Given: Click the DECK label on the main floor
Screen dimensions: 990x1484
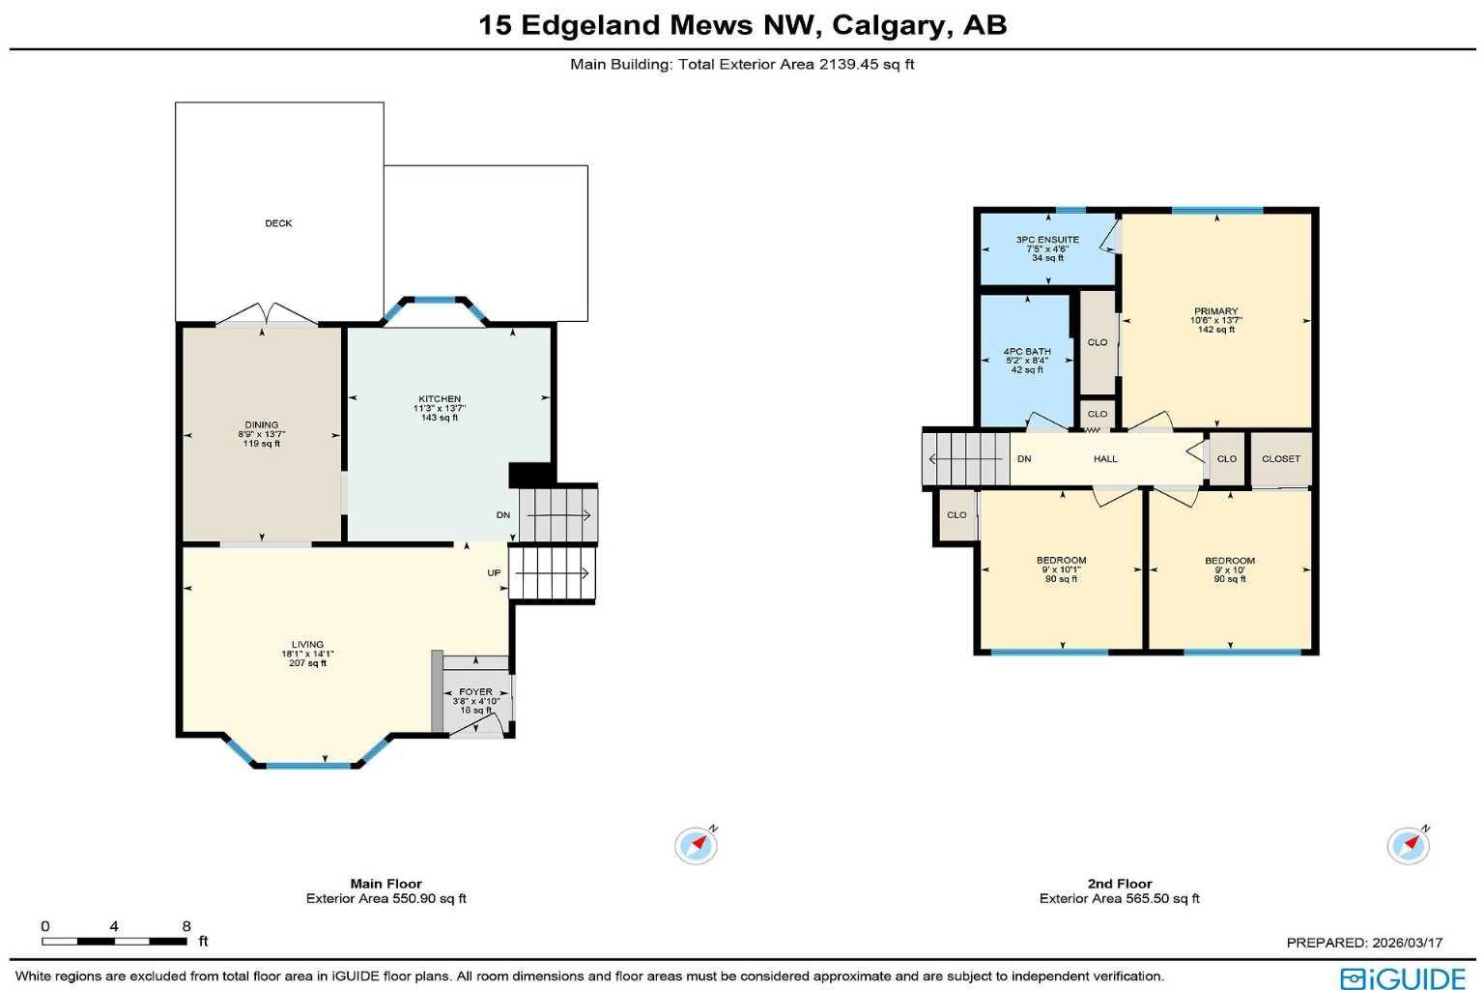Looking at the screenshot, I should (278, 223).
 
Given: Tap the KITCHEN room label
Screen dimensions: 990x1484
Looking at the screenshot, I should (440, 398).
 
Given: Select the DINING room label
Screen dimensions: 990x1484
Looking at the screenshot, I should (261, 424).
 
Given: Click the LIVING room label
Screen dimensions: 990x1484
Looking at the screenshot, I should (308, 644).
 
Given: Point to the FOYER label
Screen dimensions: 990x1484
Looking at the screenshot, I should (475, 691).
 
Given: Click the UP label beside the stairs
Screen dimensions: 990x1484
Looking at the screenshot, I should (494, 572).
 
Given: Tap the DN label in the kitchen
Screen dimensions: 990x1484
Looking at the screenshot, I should (503, 515).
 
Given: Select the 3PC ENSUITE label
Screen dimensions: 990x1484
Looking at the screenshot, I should (1047, 240).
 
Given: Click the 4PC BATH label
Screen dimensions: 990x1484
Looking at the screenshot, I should (1027, 352).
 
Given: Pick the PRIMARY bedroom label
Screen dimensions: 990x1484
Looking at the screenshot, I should (1215, 311).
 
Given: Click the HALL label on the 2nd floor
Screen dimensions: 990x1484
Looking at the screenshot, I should (1105, 459).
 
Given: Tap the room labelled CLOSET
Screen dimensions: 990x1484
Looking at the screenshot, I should (1281, 459).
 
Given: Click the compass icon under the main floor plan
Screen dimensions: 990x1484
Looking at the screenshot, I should (696, 846).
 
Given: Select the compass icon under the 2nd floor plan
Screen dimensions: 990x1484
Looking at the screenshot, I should (1408, 846).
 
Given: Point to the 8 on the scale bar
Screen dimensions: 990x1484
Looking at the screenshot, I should (185, 926).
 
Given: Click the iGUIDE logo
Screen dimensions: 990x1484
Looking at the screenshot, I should (1403, 976).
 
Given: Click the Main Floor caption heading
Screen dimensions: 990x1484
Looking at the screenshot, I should (385, 883).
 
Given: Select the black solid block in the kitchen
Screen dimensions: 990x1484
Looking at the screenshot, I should (530, 475).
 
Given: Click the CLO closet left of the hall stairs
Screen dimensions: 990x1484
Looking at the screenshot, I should (956, 515).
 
